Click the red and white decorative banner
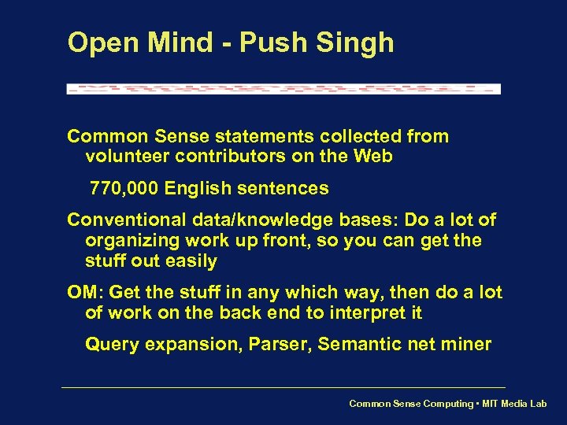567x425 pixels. coord(283,88)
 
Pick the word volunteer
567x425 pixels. coord(125,157)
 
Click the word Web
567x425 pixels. coord(373,157)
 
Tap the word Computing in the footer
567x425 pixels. coord(447,404)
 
